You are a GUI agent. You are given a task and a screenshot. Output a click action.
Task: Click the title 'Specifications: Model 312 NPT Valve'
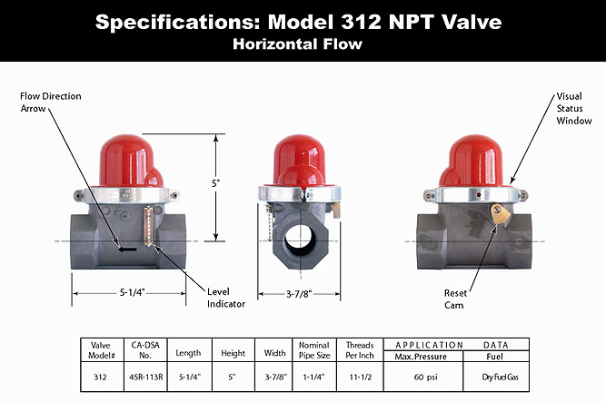point(303,21)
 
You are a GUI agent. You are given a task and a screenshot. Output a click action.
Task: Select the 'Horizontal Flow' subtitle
point(303,44)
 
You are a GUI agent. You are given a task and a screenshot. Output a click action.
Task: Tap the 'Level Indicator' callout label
point(225,298)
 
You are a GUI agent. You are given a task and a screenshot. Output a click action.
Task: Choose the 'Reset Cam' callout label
point(455,299)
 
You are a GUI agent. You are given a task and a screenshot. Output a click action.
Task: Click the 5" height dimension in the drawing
point(216,182)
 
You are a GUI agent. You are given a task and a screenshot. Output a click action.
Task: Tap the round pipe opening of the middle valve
point(303,240)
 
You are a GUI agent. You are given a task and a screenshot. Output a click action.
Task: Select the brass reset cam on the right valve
point(498,215)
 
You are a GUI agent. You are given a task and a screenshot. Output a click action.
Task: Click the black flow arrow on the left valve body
point(127,246)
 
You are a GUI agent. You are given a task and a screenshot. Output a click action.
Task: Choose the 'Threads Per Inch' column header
point(360,350)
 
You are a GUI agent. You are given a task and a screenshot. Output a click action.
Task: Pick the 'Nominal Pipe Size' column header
point(314,350)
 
